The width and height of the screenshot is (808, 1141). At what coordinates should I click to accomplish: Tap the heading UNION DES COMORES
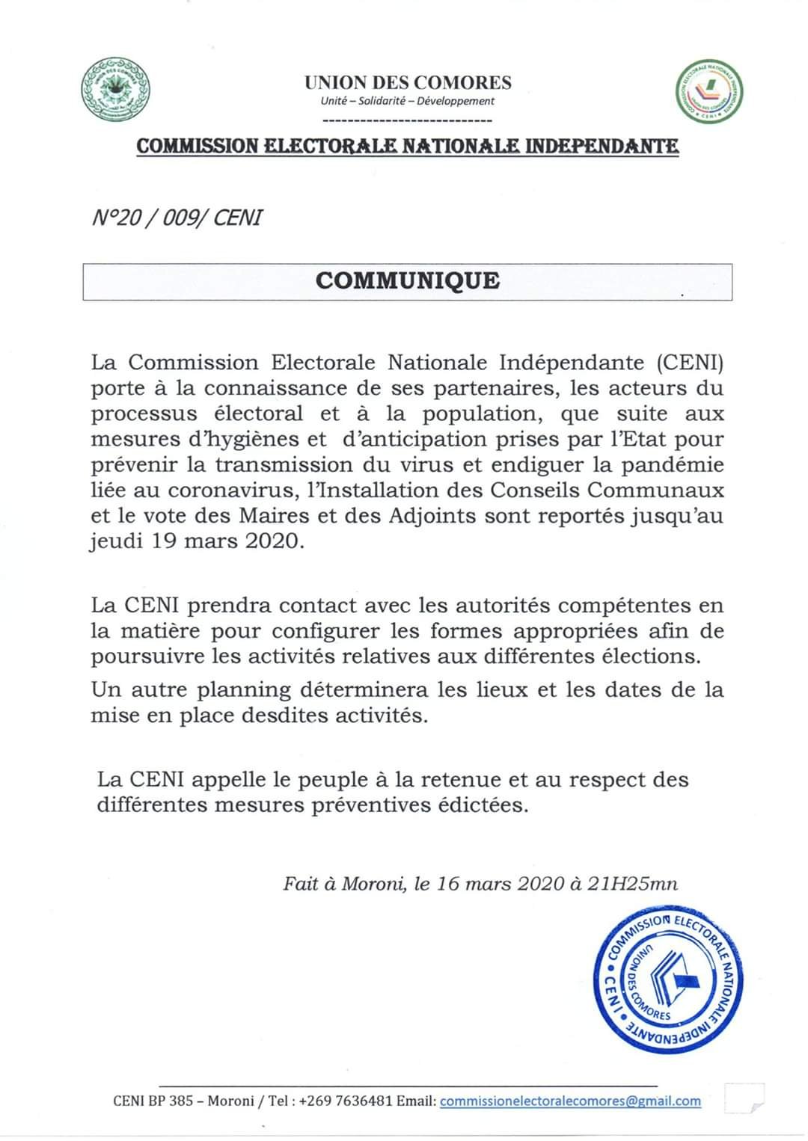(408, 82)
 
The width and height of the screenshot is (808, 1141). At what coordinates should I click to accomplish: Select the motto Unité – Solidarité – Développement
(407, 101)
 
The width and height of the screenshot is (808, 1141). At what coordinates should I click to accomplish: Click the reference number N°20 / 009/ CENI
(177, 218)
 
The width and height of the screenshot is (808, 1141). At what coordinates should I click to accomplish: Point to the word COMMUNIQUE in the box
(407, 281)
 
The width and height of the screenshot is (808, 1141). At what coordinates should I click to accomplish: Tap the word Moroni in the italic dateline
(374, 884)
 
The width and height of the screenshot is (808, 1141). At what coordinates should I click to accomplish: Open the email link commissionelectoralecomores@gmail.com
(570, 1101)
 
